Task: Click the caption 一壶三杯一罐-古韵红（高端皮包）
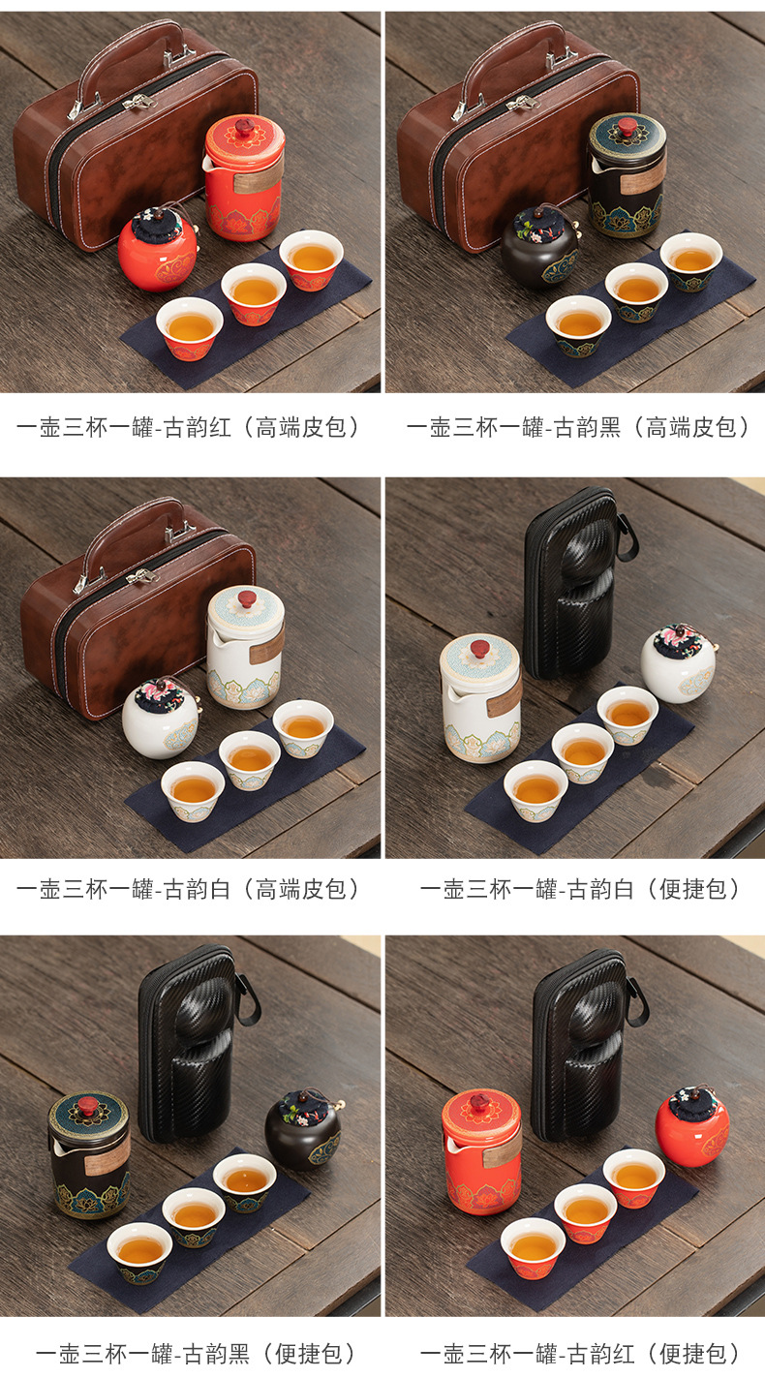[x=188, y=427]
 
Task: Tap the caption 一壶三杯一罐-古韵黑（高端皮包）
[x=577, y=427]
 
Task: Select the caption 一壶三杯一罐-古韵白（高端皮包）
[x=188, y=889]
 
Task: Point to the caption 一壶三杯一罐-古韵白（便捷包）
[x=580, y=889]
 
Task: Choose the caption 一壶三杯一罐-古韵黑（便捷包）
[x=196, y=1354]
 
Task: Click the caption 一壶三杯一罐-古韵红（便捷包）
[x=580, y=1354]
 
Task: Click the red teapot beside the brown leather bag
[x=243, y=177]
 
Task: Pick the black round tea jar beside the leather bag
[x=540, y=246]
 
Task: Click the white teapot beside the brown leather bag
[x=245, y=647]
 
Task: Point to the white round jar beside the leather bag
[x=161, y=719]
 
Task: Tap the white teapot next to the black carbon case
[x=480, y=698]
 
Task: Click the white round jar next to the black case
[x=679, y=663]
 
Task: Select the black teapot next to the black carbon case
[x=90, y=1155]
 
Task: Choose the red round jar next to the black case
[x=692, y=1127]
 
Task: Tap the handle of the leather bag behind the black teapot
[x=513, y=62]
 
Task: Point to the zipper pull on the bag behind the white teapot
[x=141, y=576]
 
